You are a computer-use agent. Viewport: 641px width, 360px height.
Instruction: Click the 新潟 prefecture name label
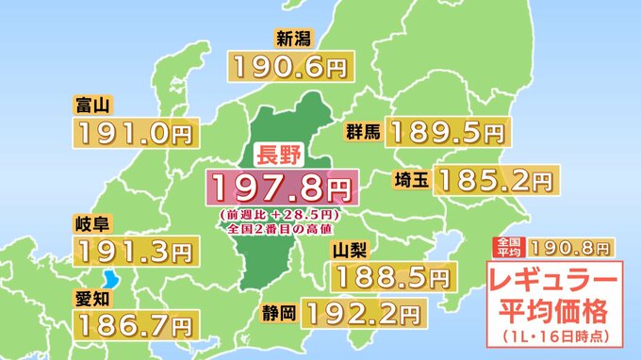click(291, 39)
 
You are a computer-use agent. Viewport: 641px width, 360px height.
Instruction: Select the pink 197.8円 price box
click(283, 188)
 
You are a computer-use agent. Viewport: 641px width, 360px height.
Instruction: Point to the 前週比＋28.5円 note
click(283, 215)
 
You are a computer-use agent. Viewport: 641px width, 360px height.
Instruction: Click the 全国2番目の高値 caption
click(282, 228)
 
